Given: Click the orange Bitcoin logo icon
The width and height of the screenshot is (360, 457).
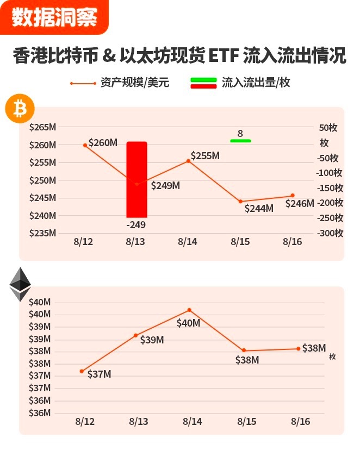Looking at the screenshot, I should pos(20,110).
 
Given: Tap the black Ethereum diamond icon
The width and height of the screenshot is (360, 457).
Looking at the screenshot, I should pos(20,284).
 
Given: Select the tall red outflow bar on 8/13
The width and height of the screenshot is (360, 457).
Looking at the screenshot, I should pos(136,179).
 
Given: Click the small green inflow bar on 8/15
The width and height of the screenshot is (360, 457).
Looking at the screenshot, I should pos(240,141).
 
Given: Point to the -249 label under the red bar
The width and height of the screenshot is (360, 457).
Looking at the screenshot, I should pos(135,224).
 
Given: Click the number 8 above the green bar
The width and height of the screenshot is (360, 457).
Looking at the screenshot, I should pos(240,133).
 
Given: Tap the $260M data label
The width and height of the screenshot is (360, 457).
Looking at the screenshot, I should pos(103,143).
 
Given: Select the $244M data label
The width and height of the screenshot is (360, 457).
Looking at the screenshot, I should pos(259,208).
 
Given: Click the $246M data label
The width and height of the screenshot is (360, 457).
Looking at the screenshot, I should pos(300,204).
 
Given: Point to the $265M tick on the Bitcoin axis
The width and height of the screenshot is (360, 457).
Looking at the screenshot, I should pos(43,128).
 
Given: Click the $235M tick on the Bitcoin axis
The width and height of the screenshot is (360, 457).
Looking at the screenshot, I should pos(43,233).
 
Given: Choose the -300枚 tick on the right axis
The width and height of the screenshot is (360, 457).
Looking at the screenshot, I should pos(330,233).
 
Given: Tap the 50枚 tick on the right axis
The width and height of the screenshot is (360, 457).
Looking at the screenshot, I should pos(328,128).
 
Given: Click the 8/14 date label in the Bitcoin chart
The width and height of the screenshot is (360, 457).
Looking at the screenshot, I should pos(188,242).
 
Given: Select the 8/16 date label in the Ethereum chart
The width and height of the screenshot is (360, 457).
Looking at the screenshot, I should pos(300,421).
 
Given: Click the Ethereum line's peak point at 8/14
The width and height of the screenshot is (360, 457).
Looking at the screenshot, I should pos(189,310).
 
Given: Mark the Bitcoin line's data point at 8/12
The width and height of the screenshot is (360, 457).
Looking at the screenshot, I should pos(85,145).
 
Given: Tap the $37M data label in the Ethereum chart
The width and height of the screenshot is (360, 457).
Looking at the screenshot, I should pos(99,374).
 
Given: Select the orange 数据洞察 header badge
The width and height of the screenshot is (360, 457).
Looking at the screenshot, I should pos(54,17).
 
